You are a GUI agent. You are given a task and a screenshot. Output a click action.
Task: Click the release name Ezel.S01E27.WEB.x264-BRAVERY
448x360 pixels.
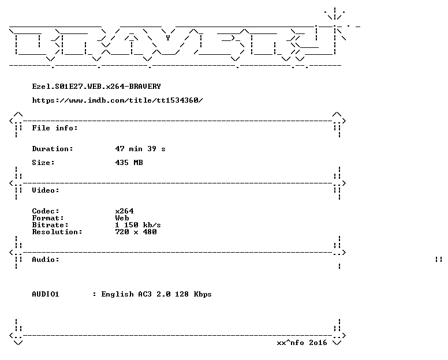[96, 87]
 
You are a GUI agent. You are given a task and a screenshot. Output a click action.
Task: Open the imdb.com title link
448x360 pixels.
[117, 100]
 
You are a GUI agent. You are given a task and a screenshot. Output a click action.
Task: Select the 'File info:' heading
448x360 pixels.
[55, 128]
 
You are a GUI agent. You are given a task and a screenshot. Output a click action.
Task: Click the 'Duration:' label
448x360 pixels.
[53, 149]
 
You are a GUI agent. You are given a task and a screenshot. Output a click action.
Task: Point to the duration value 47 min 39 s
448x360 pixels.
[140, 149]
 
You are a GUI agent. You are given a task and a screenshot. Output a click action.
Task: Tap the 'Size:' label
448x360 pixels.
[43, 163]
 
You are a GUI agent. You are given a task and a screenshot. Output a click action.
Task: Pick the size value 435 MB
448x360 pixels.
[129, 163]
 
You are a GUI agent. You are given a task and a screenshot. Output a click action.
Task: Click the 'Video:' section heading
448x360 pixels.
[46, 190]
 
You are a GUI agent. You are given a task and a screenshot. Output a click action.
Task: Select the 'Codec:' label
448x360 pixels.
[46, 211]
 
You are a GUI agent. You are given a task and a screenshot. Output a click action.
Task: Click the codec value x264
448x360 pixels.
[124, 211]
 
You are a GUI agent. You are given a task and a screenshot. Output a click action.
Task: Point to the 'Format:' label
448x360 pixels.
[48, 218]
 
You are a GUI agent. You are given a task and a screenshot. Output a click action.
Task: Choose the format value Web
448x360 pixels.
[122, 218]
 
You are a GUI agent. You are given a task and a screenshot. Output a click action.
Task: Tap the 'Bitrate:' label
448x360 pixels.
[50, 224]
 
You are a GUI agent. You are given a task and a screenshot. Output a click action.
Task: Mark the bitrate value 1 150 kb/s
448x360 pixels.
[138, 224]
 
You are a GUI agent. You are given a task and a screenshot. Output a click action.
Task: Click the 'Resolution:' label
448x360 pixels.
[57, 231]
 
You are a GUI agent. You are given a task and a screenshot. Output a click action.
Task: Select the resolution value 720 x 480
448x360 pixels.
[136, 231]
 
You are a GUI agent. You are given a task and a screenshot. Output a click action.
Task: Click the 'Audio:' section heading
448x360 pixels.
[46, 260]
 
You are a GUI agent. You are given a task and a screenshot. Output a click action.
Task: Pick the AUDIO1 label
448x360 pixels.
[46, 294]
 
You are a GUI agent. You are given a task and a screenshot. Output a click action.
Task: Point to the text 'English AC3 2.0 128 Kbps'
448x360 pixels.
[156, 294]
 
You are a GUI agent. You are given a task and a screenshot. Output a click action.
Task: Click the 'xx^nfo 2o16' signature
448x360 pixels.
[302, 343]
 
